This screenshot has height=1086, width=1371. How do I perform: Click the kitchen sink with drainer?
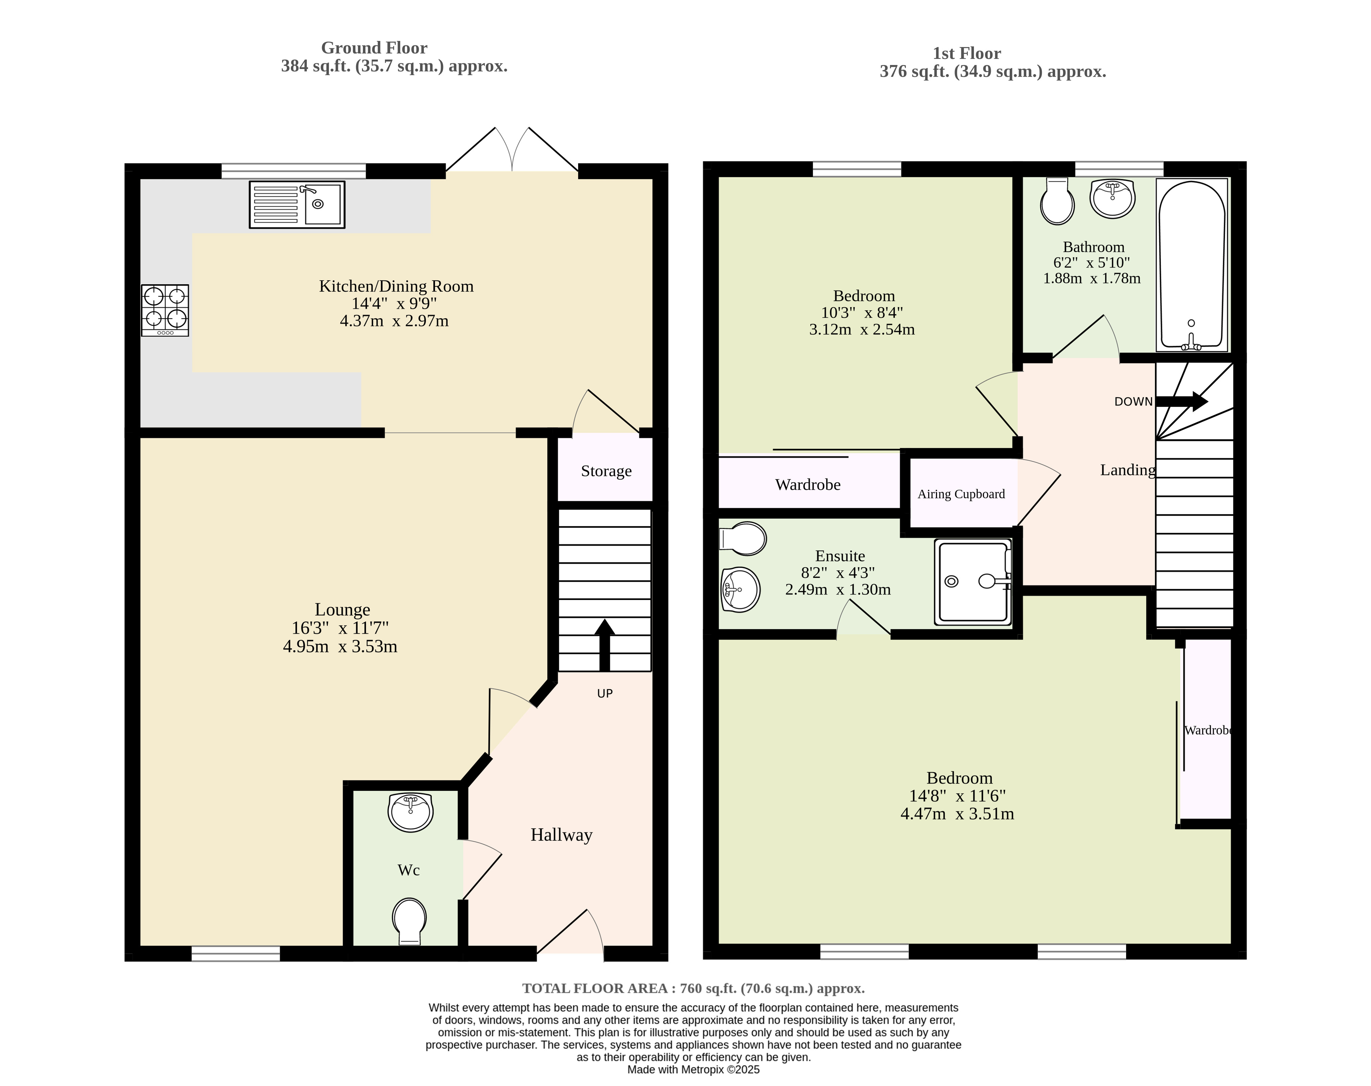(x=297, y=204)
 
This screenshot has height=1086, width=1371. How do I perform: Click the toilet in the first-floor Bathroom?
(x=1057, y=201)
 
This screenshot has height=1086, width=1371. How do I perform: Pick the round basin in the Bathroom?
(x=1112, y=198)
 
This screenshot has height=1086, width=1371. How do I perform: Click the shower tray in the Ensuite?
(x=973, y=581)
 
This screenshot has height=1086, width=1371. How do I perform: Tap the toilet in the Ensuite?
(x=742, y=539)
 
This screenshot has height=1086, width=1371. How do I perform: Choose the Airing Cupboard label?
(x=961, y=494)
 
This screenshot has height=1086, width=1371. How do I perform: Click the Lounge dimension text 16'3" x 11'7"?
(x=340, y=628)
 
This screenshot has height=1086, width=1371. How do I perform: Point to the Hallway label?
(x=561, y=835)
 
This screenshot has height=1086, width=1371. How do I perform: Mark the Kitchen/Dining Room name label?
(x=396, y=287)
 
